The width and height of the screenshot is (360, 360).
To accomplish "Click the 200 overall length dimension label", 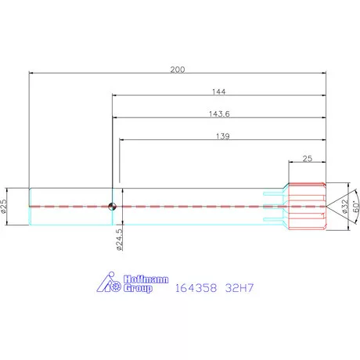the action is pos(178,70).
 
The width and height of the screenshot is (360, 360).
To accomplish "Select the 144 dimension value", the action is pos(218,92).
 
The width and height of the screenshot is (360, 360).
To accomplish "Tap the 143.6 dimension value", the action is pos(219,114).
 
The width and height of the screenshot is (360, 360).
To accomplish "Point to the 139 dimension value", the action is pos(223,136).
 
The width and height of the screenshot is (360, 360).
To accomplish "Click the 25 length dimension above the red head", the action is pos(308,158).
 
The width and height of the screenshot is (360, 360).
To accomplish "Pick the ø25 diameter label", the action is pos(3,207).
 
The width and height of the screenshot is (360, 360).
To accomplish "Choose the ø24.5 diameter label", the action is pos(119,239).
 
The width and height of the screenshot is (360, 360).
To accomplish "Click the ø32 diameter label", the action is pos(345,207).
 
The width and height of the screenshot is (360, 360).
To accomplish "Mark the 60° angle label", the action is pos(356,206).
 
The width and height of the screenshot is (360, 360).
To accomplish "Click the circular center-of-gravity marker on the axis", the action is pos(112,207).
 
